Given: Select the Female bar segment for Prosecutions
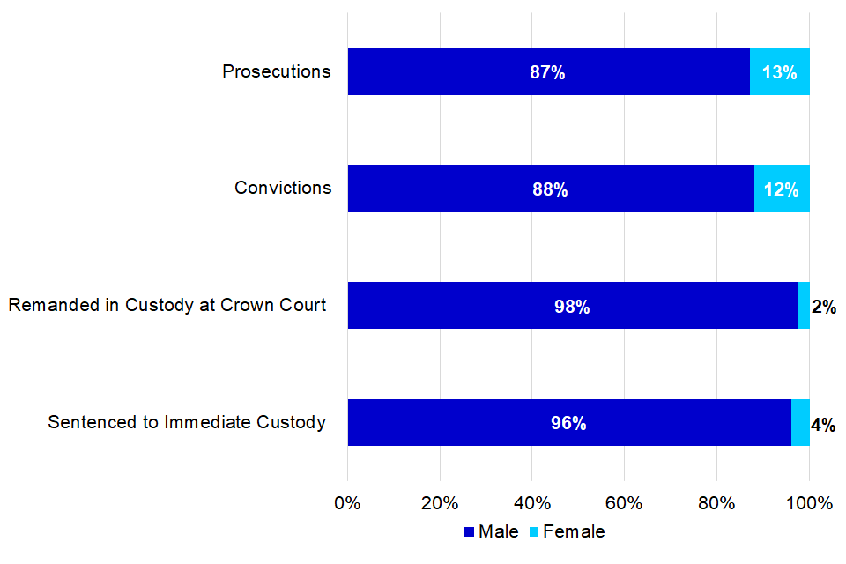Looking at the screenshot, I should tap(780, 72).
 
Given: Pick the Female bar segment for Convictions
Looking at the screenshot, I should tap(782, 189).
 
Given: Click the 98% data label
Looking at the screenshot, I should tap(572, 307).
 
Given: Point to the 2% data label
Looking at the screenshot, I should tap(823, 307).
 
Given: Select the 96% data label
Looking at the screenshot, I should tap(568, 423).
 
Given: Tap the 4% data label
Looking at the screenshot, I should tap(823, 424).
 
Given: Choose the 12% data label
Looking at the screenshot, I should tap(782, 189).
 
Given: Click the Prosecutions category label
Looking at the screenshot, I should tap(277, 71).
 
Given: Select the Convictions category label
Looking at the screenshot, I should tap(283, 188).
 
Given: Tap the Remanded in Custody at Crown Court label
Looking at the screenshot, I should tap(167, 305).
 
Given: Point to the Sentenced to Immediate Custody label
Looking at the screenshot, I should tap(187, 422).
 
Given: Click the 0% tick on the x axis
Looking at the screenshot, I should tap(348, 503).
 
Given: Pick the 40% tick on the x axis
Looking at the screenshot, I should tap(532, 503).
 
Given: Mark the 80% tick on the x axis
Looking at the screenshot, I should tap(716, 503).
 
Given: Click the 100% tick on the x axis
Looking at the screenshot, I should tap(809, 503).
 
